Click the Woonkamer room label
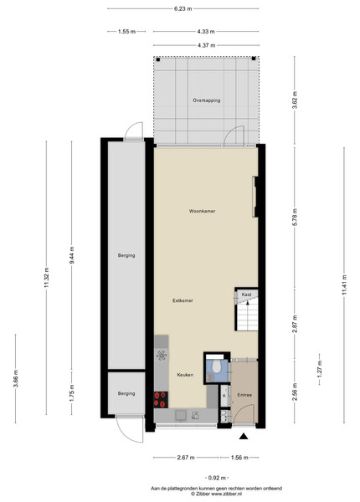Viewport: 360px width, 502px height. (x=202, y=211)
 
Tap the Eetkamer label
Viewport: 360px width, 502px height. (x=183, y=300)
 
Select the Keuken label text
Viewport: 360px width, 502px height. (x=185, y=375)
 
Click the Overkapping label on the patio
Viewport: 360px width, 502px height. (x=206, y=100)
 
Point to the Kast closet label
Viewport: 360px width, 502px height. (x=246, y=295)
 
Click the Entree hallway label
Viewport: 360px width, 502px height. (x=244, y=395)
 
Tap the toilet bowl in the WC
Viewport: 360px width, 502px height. (x=217, y=366)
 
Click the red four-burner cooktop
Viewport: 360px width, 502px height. (x=161, y=400)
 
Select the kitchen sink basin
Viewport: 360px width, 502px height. (x=180, y=415)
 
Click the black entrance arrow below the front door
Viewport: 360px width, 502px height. (x=244, y=436)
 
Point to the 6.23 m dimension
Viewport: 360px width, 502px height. (x=183, y=9)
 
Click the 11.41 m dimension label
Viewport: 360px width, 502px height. (x=344, y=284)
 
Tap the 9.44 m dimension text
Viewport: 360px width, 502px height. (x=71, y=255)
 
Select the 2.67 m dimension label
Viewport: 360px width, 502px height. (x=186, y=458)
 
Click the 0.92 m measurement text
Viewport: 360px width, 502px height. (x=217, y=478)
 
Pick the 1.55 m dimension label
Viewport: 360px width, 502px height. (x=126, y=32)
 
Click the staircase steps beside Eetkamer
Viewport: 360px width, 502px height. (x=248, y=317)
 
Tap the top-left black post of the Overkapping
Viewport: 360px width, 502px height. (x=157, y=59)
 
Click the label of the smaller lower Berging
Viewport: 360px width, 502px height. (x=126, y=393)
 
